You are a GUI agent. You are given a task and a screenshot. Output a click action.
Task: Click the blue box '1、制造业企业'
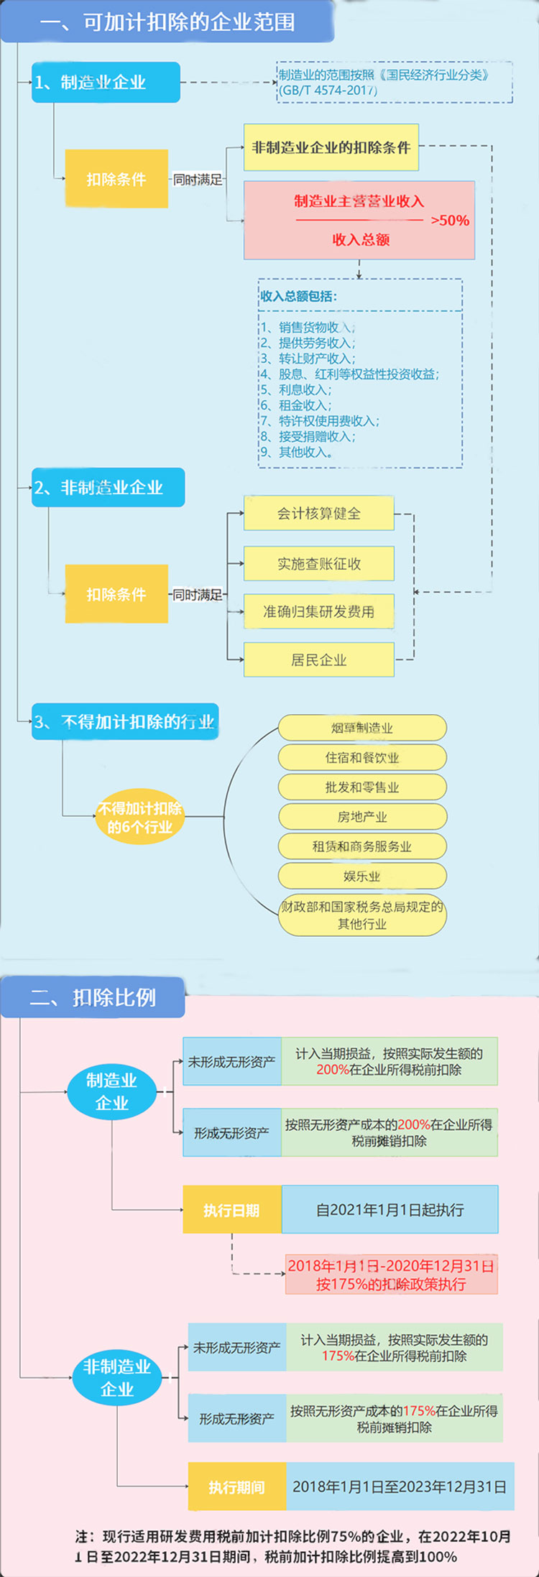click(106, 82)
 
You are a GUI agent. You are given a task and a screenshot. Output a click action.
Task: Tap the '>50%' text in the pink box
click(450, 221)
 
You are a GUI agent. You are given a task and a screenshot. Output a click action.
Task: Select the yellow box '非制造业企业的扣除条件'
click(331, 147)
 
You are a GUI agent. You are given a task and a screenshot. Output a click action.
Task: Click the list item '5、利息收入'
click(296, 389)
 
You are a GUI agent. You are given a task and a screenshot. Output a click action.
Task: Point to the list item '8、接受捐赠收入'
click(308, 436)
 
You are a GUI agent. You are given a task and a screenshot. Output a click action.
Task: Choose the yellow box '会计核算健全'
click(319, 513)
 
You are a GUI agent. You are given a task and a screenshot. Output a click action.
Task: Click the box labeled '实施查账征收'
click(319, 563)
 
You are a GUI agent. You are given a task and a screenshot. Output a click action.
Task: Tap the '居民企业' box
click(319, 660)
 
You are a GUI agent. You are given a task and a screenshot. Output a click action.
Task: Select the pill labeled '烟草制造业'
click(362, 728)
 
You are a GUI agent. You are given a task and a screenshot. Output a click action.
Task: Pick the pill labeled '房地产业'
click(362, 817)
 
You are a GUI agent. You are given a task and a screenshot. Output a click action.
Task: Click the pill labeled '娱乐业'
click(362, 876)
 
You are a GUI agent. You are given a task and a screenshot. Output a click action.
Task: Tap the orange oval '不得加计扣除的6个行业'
click(140, 818)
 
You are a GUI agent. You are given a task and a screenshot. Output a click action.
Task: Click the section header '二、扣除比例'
click(93, 997)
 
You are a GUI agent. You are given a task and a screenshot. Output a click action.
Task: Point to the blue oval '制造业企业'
click(111, 1092)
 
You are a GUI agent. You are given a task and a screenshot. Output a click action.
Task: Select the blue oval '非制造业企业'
click(117, 1378)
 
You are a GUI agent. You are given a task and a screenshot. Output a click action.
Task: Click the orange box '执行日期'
click(232, 1210)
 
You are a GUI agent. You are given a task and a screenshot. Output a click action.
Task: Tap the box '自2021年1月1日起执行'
click(390, 1210)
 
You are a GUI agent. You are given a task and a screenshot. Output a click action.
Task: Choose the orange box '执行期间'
click(237, 1486)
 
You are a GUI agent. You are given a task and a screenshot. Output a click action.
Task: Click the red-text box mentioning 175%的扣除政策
click(391, 1275)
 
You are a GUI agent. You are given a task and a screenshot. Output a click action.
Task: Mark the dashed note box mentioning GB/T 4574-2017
click(395, 82)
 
